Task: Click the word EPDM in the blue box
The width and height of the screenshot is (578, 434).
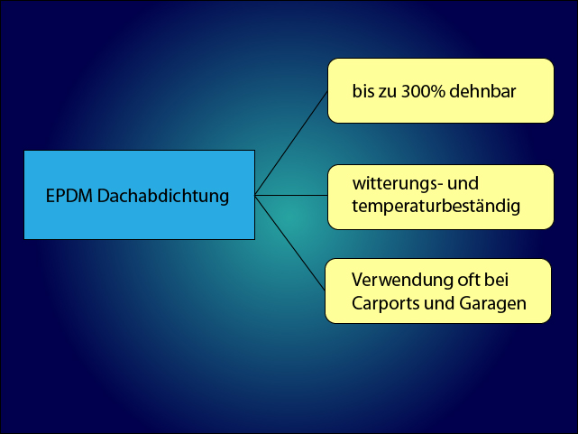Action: [x=69, y=196]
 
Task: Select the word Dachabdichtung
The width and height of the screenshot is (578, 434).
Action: [x=163, y=197]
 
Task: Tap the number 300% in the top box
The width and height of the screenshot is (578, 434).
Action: [x=423, y=91]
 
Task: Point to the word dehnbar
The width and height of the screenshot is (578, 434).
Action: [x=482, y=91]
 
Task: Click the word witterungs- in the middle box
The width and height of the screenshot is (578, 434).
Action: [x=397, y=184]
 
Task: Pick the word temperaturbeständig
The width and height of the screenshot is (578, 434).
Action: [x=436, y=207]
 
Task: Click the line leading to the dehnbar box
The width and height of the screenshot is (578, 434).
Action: [x=291, y=143]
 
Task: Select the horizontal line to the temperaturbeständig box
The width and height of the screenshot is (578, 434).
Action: [x=291, y=195]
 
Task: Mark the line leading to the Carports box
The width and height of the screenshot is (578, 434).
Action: [x=290, y=243]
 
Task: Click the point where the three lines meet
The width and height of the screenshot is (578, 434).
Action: [x=255, y=195]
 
